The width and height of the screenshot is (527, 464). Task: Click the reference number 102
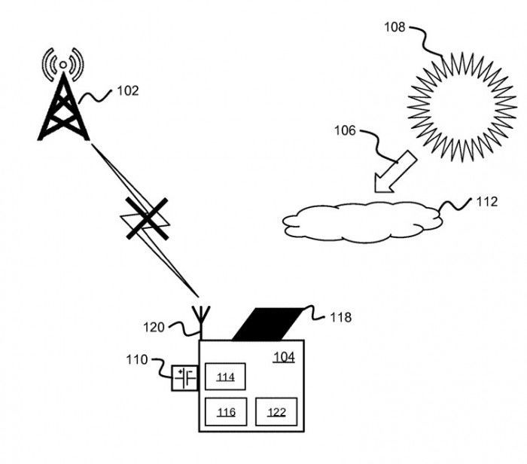tap(128, 91)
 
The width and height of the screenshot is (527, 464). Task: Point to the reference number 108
tap(394, 27)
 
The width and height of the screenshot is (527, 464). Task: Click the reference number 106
tap(345, 130)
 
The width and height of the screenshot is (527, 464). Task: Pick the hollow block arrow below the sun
tap(395, 172)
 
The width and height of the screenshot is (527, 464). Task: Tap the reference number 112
tap(486, 202)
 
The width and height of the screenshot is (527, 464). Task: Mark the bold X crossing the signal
tap(147, 218)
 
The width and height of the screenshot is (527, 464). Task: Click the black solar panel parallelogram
tap(267, 324)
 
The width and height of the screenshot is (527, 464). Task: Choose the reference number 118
tap(341, 317)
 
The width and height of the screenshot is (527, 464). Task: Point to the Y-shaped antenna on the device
tap(201, 322)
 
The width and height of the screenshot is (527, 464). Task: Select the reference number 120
tap(154, 327)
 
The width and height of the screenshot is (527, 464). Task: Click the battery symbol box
tap(184, 378)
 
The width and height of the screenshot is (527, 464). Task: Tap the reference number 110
tap(137, 360)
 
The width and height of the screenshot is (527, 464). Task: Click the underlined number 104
tap(284, 357)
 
